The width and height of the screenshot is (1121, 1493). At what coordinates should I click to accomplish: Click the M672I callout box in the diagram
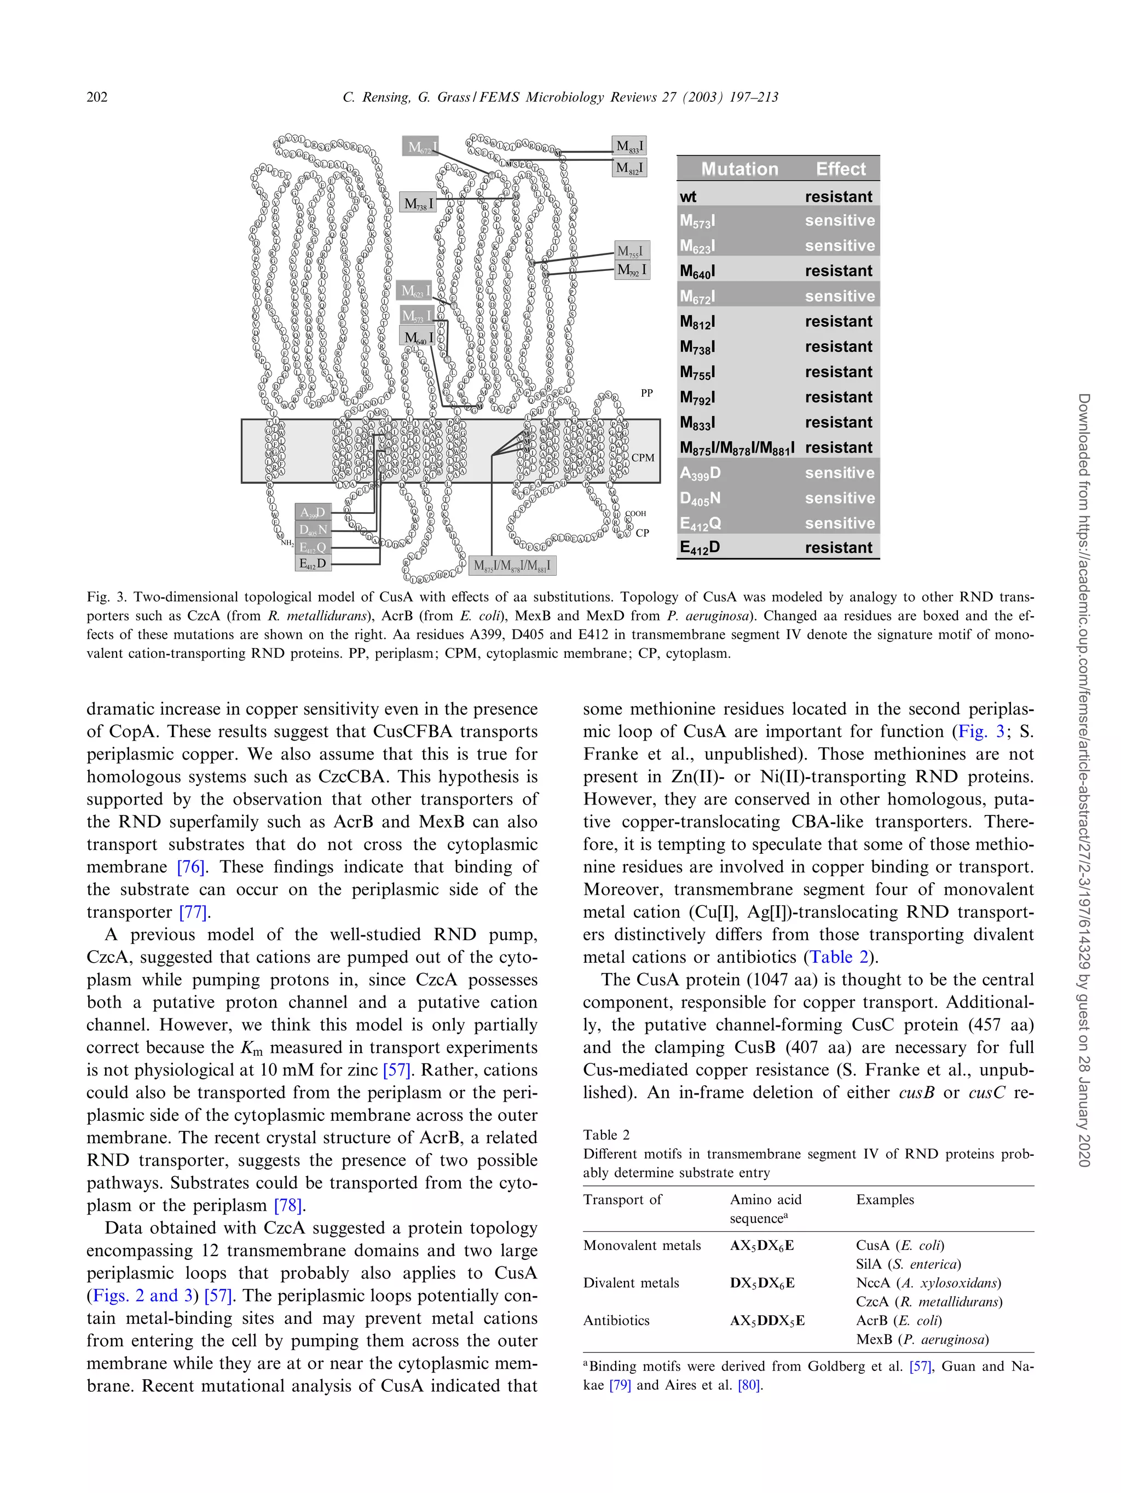tap(421, 147)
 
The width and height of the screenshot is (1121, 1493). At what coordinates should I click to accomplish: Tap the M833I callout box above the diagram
tap(629, 146)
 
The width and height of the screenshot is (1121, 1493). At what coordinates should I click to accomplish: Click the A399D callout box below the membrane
tap(313, 512)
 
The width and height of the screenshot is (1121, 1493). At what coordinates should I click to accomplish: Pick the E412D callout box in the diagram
tap(313, 563)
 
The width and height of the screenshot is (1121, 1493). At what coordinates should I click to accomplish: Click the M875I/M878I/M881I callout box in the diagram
tap(512, 565)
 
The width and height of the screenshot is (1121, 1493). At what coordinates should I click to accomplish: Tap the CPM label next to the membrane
tap(643, 458)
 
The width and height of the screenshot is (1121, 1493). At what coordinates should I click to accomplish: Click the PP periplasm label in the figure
tap(646, 393)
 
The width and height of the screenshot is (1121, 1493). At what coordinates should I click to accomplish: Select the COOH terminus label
tap(635, 514)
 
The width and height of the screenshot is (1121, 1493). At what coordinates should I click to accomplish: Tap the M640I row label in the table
tap(698, 271)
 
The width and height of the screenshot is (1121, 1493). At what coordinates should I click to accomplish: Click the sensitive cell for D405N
tap(840, 498)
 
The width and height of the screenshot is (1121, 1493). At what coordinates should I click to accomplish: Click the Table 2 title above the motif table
tap(606, 1135)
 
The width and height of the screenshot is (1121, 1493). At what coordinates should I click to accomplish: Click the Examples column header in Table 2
tap(885, 1200)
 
